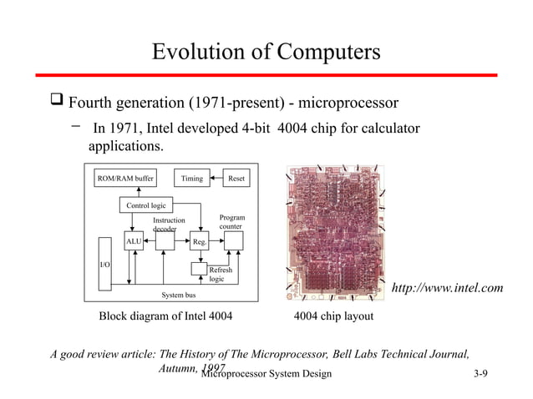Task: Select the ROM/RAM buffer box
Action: [125, 178]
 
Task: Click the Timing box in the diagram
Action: [191, 178]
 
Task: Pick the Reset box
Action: [236, 178]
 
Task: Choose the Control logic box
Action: [146, 205]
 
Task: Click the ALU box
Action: [134, 241]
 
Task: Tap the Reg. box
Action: [200, 241]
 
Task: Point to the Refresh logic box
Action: [220, 275]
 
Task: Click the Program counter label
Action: [231, 222]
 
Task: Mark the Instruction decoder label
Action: [169, 224]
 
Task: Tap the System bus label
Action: [178, 295]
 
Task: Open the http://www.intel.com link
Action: [447, 288]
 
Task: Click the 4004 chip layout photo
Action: [333, 234]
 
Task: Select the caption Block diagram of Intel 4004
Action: [165, 317]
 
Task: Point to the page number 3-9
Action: [480, 372]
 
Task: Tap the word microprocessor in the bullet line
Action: [346, 104]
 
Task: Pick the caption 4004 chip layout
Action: [333, 317]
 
